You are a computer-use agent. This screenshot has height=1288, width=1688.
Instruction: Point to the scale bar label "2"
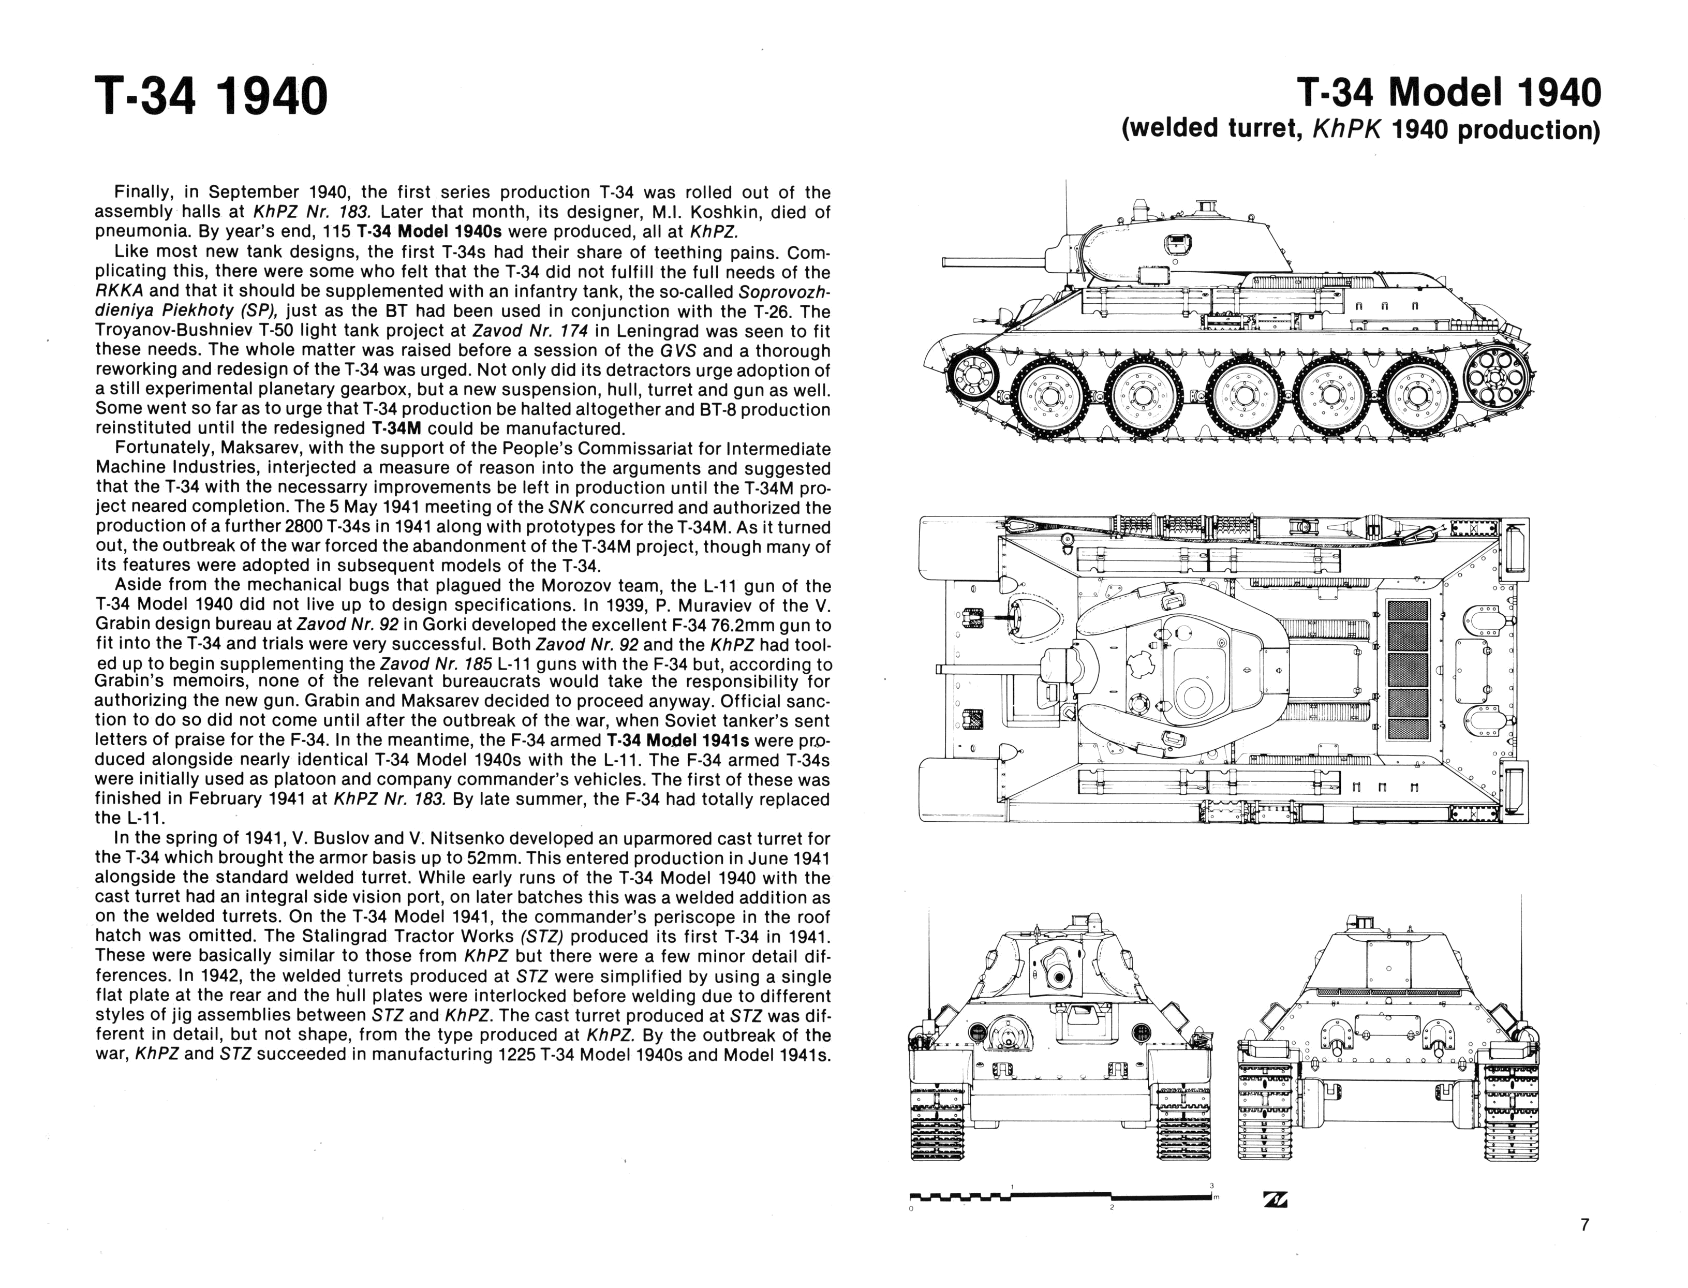(x=1111, y=1207)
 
